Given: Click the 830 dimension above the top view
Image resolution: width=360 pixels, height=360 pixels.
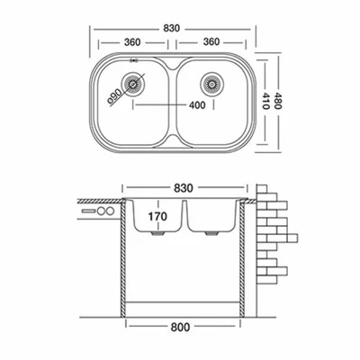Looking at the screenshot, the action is click(172, 28).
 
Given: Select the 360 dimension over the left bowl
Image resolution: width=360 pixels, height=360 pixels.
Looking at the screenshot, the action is click(132, 42).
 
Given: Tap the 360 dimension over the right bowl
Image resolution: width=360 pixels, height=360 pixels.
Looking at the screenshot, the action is click(211, 41).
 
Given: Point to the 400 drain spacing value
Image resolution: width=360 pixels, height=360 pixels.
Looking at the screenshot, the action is click(197, 105).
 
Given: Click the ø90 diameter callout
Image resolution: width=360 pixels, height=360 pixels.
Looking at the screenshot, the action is click(114, 96).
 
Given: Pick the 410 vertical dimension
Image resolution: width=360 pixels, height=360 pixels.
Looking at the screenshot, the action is click(265, 101).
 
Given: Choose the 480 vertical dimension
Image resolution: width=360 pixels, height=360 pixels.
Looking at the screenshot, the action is click(277, 101).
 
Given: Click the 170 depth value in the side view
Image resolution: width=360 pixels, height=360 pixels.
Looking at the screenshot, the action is click(157, 216).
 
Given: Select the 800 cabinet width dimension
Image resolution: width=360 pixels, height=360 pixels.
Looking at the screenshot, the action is click(180, 327).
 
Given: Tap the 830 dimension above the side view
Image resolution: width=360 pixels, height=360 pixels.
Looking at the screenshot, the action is click(184, 188).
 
